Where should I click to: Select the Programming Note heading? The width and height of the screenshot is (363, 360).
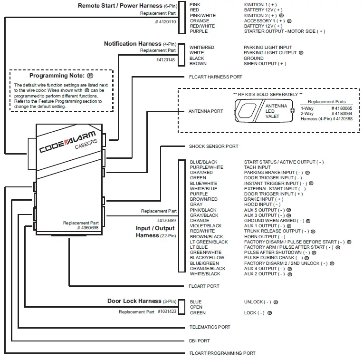click(57, 76)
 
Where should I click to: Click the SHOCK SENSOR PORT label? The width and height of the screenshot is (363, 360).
click(213, 146)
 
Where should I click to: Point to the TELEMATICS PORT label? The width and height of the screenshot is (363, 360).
click(210, 327)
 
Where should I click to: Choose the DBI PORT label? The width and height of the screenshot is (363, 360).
click(200, 341)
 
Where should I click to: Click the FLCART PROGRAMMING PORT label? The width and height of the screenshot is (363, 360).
click(222, 353)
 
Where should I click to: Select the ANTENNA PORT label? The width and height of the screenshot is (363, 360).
click(206, 111)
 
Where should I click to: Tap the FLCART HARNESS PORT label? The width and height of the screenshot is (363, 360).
click(215, 77)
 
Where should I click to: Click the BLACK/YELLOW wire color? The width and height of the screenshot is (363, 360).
click(207, 258)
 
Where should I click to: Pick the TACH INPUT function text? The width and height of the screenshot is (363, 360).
click(257, 167)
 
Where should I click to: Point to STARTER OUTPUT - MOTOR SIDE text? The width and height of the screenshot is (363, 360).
click(284, 31)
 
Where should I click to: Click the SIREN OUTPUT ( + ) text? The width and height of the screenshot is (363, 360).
click(265, 64)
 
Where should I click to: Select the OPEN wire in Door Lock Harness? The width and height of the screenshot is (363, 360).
click(196, 307)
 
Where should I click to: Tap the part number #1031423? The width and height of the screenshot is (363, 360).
click(167, 312)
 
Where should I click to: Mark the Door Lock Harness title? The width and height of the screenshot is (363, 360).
click(134, 301)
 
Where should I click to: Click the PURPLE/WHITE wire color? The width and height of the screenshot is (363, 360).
click(206, 167)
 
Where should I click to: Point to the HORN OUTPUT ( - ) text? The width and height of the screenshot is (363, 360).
click(264, 236)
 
